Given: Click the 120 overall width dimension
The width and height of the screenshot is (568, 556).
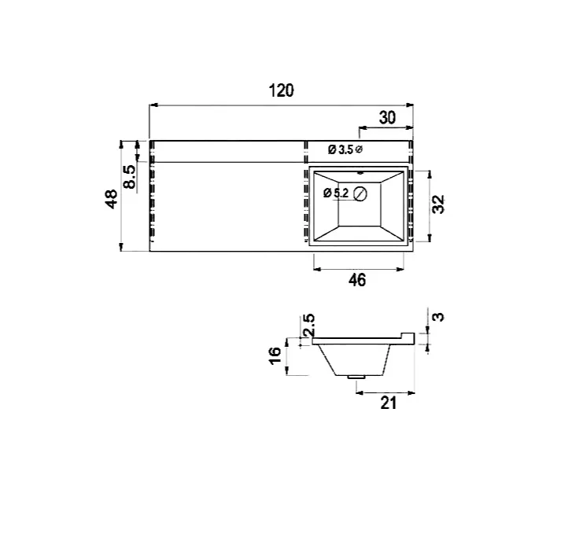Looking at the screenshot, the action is [x=281, y=90].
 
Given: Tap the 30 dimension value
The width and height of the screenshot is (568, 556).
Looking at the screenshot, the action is [x=387, y=118].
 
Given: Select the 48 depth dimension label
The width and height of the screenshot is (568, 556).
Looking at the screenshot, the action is [x=112, y=198].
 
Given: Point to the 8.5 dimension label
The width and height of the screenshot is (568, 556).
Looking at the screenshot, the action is [x=129, y=177].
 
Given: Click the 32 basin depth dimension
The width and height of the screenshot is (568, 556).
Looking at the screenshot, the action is [x=438, y=204].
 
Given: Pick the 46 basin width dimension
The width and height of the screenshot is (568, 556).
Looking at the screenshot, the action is [x=357, y=280].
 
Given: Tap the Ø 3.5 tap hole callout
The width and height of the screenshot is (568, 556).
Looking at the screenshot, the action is [x=345, y=149].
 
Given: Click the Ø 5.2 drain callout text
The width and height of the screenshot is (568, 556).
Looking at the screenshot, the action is [x=336, y=193].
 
